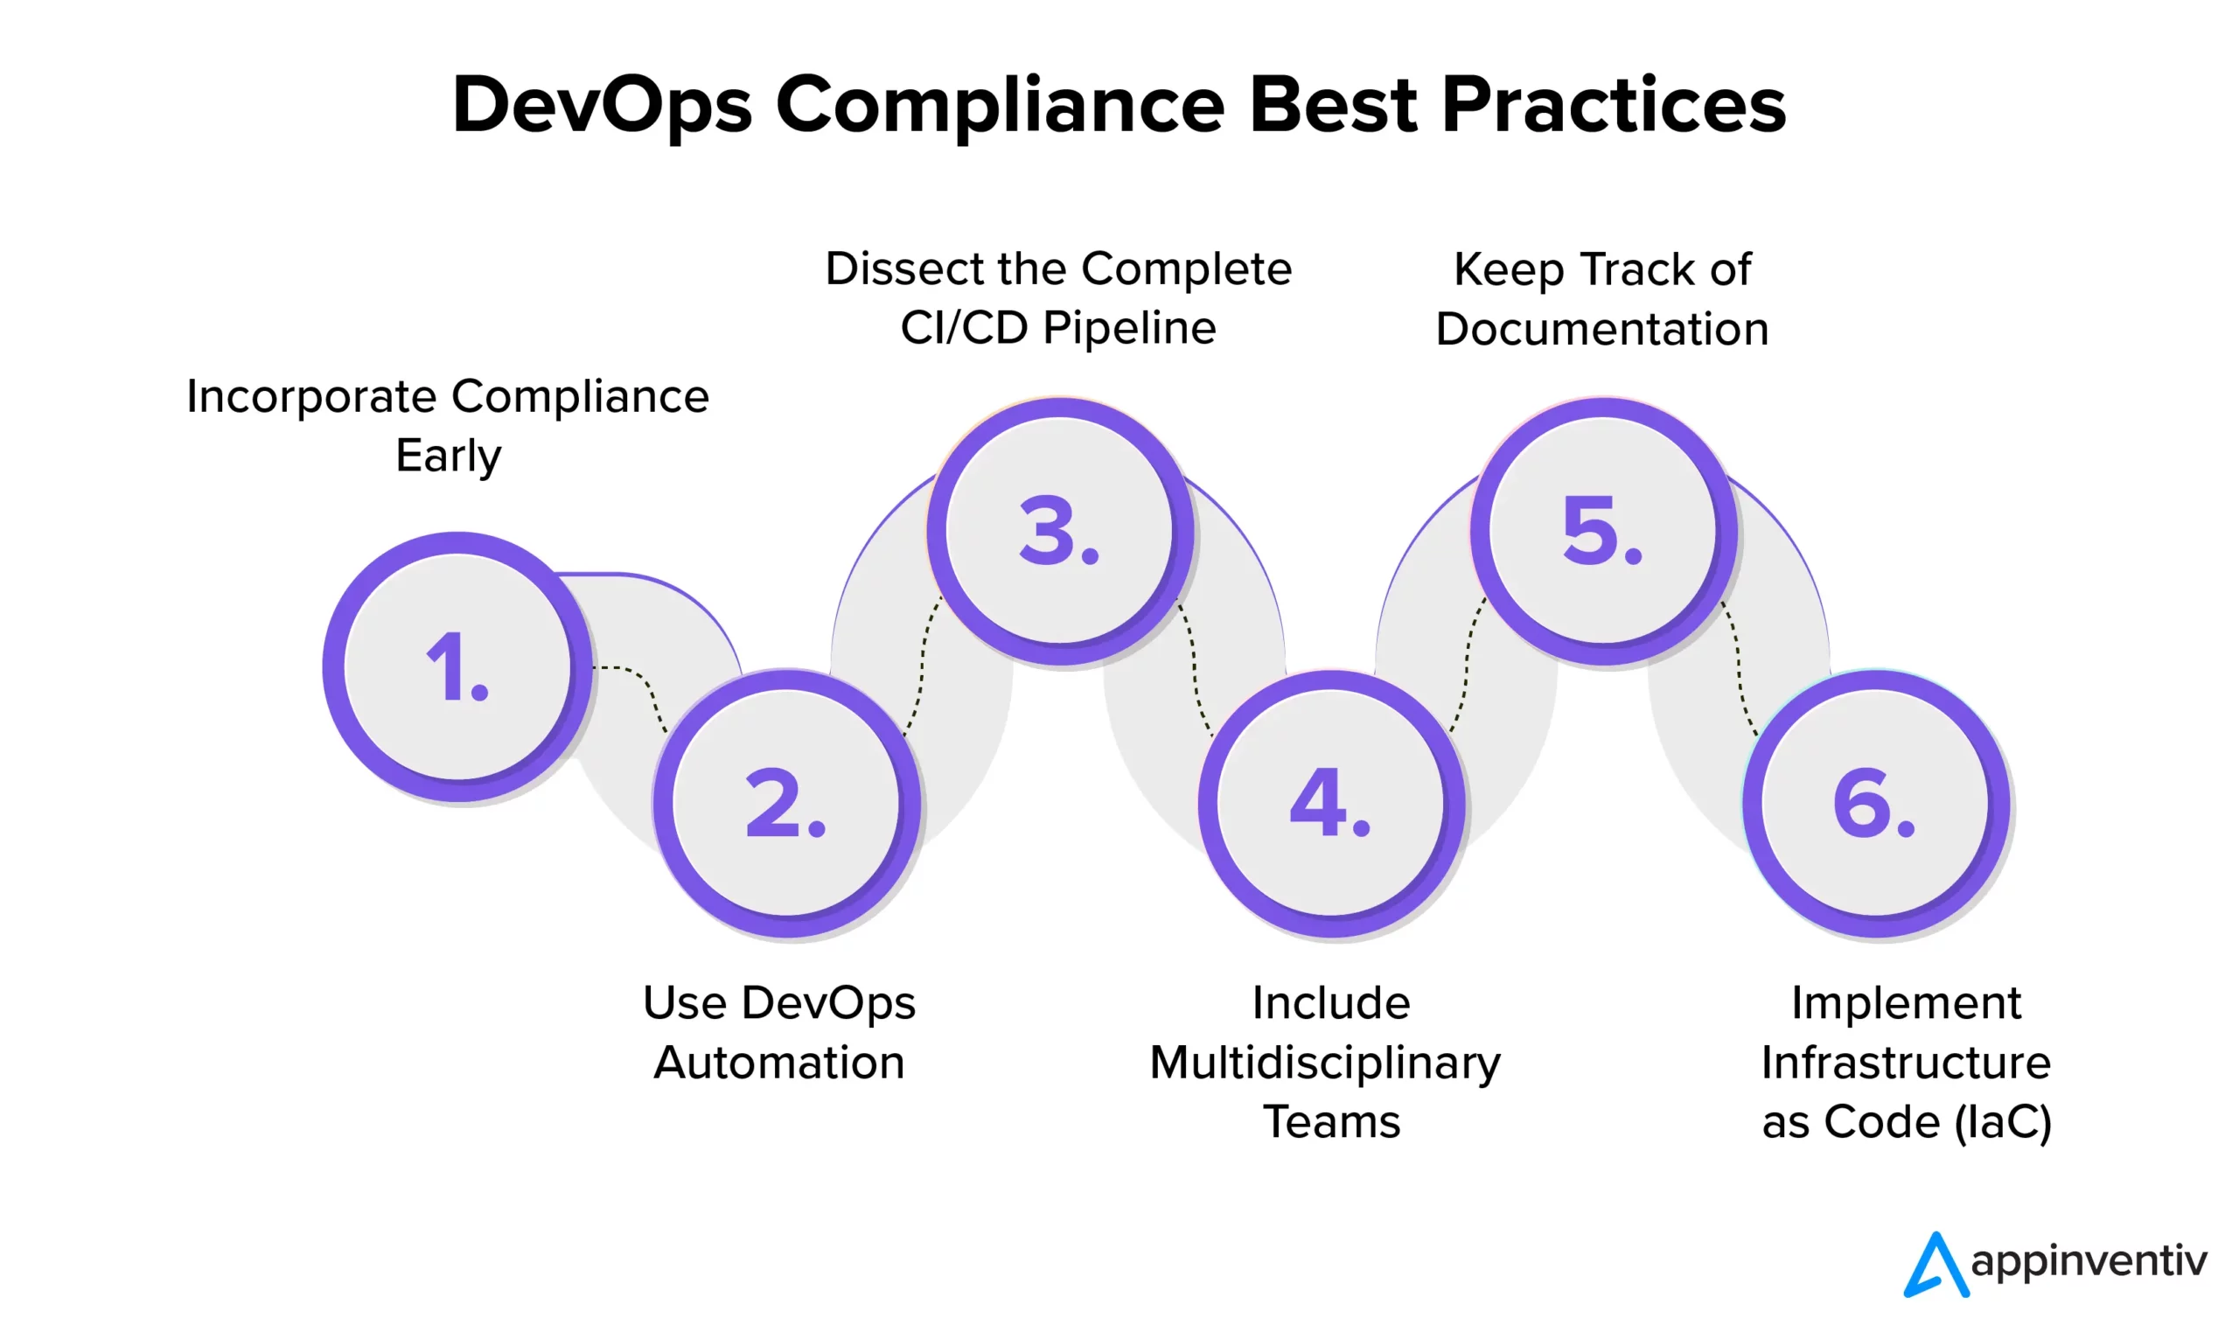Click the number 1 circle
457,666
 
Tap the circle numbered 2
786,804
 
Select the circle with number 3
1060,531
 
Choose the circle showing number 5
1603,531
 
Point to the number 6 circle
1875,804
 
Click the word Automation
779,1063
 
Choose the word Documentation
1602,330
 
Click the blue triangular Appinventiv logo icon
1936,1264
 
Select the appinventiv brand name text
2089,1262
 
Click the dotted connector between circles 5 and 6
1739,668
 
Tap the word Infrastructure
1906,1064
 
